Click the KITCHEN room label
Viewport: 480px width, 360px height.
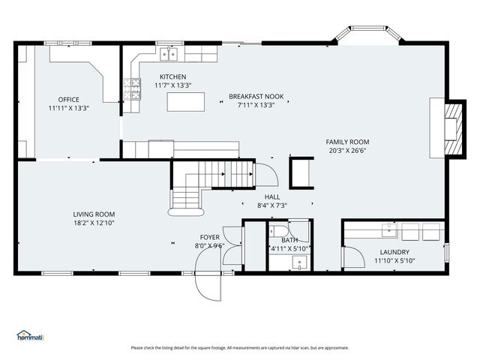pyautogui.click(x=173, y=76)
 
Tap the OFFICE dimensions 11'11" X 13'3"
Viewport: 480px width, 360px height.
pyautogui.click(x=68, y=108)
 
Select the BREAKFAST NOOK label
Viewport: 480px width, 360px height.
pyautogui.click(x=256, y=97)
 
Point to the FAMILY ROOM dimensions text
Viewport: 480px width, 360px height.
pyautogui.click(x=347, y=150)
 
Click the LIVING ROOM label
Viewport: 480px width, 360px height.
pyautogui.click(x=94, y=214)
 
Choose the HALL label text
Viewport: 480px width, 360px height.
pyautogui.click(x=272, y=196)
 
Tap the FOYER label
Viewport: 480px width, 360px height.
pyautogui.click(x=210, y=237)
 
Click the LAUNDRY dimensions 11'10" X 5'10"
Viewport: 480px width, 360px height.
pyautogui.click(x=394, y=261)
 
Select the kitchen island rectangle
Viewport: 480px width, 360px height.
pyautogui.click(x=186, y=102)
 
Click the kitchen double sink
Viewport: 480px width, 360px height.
pyautogui.click(x=169, y=55)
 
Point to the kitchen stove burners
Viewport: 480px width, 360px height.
pyautogui.click(x=132, y=89)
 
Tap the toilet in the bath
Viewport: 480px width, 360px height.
pyautogui.click(x=278, y=231)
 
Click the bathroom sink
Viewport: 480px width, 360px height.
pyautogui.click(x=299, y=262)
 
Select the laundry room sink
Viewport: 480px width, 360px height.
pyautogui.click(x=388, y=230)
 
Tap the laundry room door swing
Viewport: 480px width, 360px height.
pyautogui.click(x=355, y=257)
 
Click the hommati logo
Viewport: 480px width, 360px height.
pyautogui.click(x=30, y=335)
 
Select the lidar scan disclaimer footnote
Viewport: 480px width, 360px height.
pyautogui.click(x=240, y=348)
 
